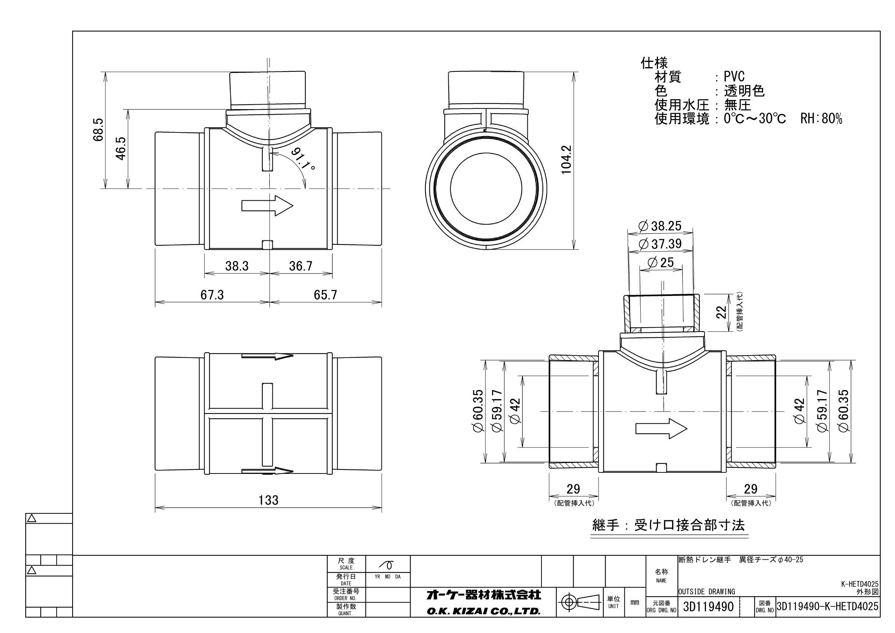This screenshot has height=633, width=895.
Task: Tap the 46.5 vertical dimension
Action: tap(121, 148)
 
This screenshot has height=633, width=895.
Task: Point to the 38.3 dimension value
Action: tap(237, 266)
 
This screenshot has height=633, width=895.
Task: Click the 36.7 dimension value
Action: tap(300, 266)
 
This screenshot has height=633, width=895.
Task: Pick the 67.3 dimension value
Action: tap(212, 295)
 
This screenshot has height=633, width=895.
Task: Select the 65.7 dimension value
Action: tap(325, 295)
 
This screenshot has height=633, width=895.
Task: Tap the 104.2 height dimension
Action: tap(566, 160)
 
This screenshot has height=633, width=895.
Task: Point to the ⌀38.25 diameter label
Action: tap(659, 226)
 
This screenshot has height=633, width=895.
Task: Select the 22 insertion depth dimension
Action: tap(722, 312)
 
